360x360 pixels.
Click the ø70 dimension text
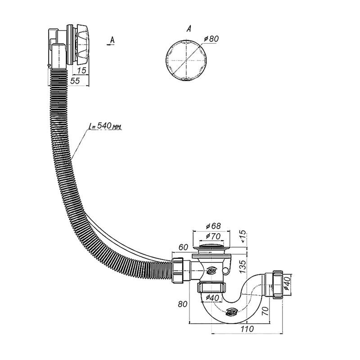point(211,236)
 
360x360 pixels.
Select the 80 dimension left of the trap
point(182,304)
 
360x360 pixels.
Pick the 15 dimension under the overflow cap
point(81,70)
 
